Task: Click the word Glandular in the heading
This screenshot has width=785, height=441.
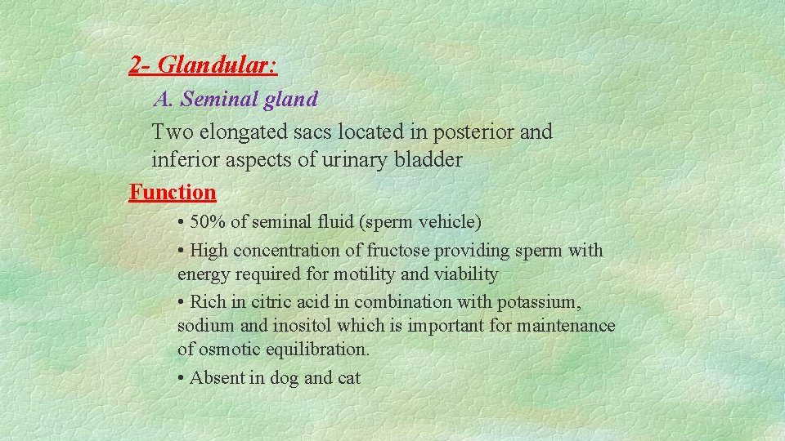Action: [218, 64]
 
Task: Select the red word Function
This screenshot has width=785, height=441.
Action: [173, 193]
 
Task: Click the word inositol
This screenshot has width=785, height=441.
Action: [302, 326]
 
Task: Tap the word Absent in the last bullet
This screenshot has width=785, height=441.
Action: [215, 378]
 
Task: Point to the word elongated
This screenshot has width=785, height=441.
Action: [258, 131]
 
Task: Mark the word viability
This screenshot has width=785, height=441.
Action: [464, 274]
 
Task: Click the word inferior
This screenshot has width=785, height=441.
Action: [185, 160]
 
